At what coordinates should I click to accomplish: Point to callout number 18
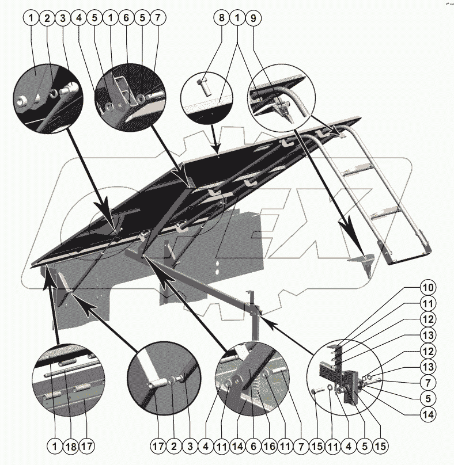pos(70,445)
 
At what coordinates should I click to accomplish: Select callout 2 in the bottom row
pos(173,445)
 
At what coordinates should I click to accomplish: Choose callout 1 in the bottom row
pos(55,445)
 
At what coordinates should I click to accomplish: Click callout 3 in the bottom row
pos(189,445)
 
